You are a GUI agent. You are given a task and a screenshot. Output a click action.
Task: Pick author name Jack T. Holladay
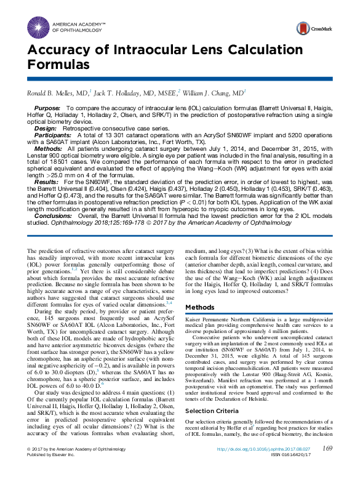[135, 92]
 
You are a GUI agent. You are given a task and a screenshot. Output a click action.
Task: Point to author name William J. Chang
[212, 92]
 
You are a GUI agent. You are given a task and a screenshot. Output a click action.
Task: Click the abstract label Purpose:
[47, 107]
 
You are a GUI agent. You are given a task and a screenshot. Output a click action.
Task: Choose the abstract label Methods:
[48, 148]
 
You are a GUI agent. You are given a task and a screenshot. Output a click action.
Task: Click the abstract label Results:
[46, 183]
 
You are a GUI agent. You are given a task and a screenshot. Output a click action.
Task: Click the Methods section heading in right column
[199, 307]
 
